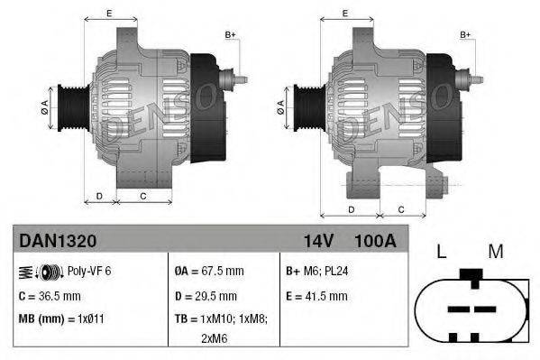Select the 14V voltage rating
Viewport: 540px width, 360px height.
click(318, 242)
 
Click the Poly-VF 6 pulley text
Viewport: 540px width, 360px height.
click(90, 271)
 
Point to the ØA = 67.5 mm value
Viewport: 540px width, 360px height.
click(209, 271)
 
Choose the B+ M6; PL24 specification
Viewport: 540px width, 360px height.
click(318, 271)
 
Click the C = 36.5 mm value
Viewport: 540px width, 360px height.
click(50, 295)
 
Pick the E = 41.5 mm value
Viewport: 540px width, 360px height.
click(316, 295)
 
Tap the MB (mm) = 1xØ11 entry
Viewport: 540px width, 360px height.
click(61, 318)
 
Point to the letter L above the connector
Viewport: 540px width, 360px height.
click(442, 252)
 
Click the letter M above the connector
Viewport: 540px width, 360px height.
click(495, 252)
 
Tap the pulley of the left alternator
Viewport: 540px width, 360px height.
click(69, 106)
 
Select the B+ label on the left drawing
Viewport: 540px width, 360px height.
click(229, 34)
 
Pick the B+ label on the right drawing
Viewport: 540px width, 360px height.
click(466, 34)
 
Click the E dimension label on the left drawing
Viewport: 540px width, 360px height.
click(108, 13)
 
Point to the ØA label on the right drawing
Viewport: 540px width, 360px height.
click(280, 106)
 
